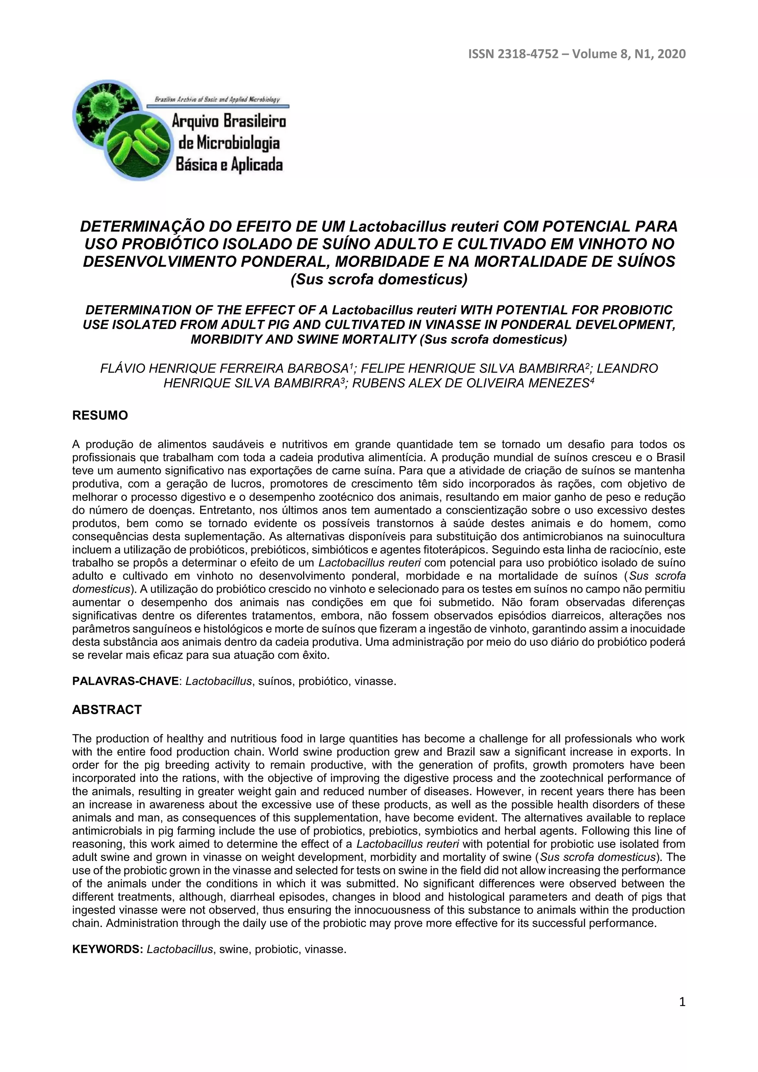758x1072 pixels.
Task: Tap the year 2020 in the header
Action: click(671, 54)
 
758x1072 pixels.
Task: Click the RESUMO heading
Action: click(100, 416)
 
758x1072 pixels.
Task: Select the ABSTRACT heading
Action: click(107, 710)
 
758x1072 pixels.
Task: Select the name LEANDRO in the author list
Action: click(627, 368)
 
